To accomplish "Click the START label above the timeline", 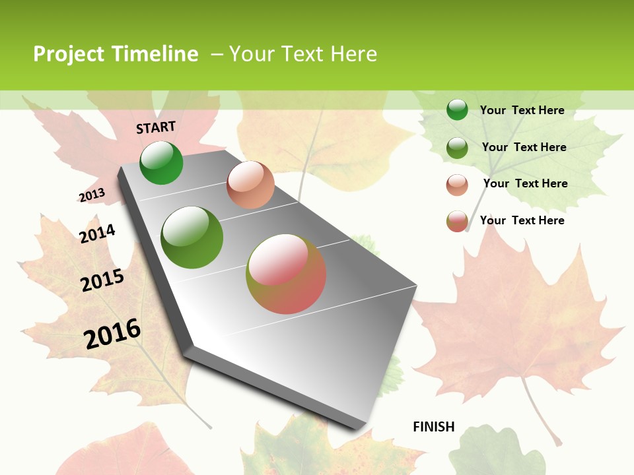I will coord(156,127).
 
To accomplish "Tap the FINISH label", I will coord(434,427).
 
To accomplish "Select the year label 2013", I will coord(92,195).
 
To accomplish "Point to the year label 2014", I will coord(97,234).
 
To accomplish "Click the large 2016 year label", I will coord(112,334).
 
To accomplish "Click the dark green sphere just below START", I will coord(161,163).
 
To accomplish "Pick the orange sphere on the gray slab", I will coord(250,185).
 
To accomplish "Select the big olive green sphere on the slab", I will coord(192,237).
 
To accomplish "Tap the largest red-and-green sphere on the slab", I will coord(286,274).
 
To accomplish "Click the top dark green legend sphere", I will coord(457,110).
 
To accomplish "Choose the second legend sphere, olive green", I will coord(457,147).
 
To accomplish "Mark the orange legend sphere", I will coord(457,185).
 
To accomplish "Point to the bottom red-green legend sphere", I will coord(457,221).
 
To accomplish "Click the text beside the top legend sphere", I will coord(522,110).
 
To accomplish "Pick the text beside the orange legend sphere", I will coord(525,183).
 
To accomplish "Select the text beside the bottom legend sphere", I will coord(522,220).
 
